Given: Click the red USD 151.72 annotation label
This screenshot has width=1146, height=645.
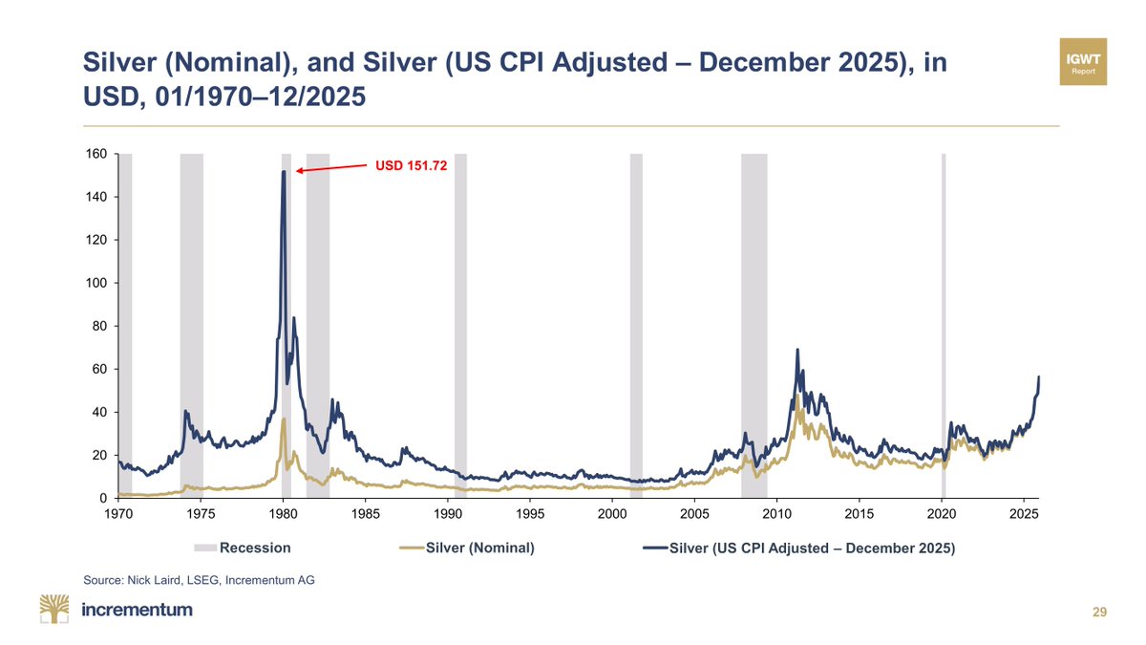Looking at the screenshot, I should [409, 165].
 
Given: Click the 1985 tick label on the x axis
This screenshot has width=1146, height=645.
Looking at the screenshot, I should [366, 514].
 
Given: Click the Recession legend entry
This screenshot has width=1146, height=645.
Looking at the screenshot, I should [243, 548].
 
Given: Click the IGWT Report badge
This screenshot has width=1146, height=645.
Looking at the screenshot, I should [1084, 62].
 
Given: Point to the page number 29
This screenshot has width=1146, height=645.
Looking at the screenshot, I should [1099, 612].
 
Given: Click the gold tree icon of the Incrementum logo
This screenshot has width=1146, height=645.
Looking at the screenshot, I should [54, 609].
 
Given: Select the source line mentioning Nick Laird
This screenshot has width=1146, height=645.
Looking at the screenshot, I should [199, 579].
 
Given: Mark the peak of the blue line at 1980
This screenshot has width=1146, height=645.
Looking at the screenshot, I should [284, 173].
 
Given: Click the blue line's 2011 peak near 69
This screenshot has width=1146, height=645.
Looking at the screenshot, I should [797, 351].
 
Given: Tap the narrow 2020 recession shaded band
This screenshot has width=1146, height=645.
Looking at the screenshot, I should [944, 325].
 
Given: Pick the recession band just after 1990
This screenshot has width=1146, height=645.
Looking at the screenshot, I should [460, 325].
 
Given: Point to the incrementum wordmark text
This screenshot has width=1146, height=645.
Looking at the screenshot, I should [138, 610].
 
